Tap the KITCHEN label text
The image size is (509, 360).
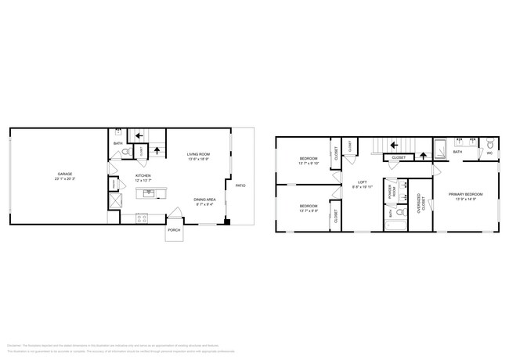(144, 175)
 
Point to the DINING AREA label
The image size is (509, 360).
(205, 200)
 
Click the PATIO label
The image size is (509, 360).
(240, 185)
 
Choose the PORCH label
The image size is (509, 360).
(174, 231)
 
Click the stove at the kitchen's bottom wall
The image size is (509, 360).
(142, 218)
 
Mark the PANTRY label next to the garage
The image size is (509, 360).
(113, 184)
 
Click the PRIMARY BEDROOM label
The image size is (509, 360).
(465, 193)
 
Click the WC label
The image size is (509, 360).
(489, 153)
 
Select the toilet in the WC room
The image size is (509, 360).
(489, 143)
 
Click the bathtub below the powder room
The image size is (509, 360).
(395, 227)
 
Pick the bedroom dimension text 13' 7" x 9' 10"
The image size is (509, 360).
(305, 164)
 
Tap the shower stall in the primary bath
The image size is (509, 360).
(441, 147)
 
